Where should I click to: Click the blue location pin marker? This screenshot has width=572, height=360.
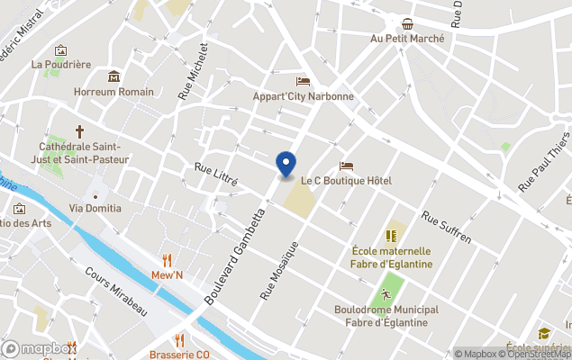tap(286, 165)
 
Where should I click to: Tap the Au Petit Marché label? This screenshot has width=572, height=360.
tap(406, 39)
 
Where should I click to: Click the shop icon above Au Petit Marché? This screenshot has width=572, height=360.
tap(408, 23)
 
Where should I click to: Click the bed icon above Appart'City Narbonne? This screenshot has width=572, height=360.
tap(303, 82)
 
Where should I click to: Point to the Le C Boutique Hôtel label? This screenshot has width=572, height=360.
tap(346, 181)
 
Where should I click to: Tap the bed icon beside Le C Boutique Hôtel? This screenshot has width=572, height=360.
tap(346, 166)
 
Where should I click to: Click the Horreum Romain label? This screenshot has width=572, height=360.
tap(114, 92)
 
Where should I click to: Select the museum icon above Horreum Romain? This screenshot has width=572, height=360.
tap(113, 76)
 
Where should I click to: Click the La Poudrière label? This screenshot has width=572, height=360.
tap(61, 65)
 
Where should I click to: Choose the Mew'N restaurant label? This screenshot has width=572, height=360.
tap(167, 275)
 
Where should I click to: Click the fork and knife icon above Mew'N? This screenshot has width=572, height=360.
tap(167, 260)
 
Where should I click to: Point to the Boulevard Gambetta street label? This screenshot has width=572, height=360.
tap(236, 257)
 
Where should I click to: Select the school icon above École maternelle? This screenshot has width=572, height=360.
tap(392, 236)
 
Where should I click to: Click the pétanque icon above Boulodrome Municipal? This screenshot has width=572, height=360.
tap(386, 294)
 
